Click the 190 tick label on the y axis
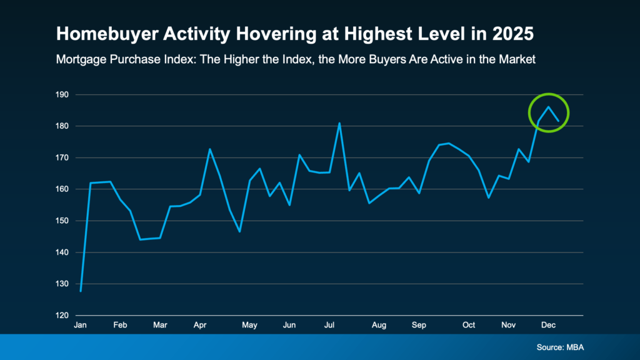click(63, 95)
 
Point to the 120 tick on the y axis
click(63, 316)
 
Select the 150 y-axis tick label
click(63, 221)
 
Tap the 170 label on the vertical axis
click(63, 158)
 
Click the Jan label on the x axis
click(80, 326)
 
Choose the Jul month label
click(329, 326)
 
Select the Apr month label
click(200, 326)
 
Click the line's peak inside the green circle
click(548, 107)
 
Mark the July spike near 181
click(339, 123)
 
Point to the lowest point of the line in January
click(81, 291)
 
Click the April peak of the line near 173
click(209, 149)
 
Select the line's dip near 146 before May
click(239, 232)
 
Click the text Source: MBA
click(559, 347)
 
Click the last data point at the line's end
click(558, 121)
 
